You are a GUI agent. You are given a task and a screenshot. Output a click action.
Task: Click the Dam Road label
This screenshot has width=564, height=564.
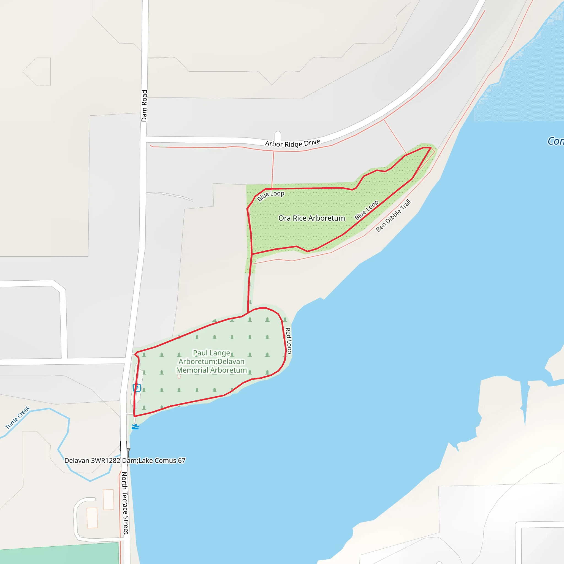coord(144,106)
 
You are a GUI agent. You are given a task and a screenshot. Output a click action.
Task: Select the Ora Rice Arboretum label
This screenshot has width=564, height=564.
coord(311,218)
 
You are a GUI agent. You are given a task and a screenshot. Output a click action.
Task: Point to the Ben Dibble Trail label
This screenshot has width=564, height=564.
coord(393,215)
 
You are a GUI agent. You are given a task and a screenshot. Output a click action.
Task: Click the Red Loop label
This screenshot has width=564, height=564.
coord(288,340)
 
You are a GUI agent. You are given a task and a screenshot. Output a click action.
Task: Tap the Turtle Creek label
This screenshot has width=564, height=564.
coord(18,417)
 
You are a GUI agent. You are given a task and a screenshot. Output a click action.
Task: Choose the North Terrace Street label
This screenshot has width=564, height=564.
coord(125,503)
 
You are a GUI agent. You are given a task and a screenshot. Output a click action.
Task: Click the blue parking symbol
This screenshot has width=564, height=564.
coord(137,388)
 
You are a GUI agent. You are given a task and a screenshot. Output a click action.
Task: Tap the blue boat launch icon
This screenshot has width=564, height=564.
coord(135,427)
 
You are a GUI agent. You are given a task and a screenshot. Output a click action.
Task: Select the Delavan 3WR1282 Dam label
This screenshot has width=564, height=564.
coord(92,460)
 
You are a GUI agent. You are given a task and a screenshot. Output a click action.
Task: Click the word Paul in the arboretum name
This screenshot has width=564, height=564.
coord(200,353)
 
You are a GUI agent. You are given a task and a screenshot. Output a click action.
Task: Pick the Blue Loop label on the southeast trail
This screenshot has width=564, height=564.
coord(366,210)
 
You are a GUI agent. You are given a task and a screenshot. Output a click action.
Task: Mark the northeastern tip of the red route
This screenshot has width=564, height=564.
coord(431,148)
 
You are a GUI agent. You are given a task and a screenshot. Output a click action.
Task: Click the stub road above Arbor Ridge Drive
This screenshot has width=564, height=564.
coord(278,136)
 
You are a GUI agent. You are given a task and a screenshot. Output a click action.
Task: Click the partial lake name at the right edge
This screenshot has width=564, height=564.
coord(555,141)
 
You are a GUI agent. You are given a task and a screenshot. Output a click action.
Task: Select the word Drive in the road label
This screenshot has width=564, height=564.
coord(312,142)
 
